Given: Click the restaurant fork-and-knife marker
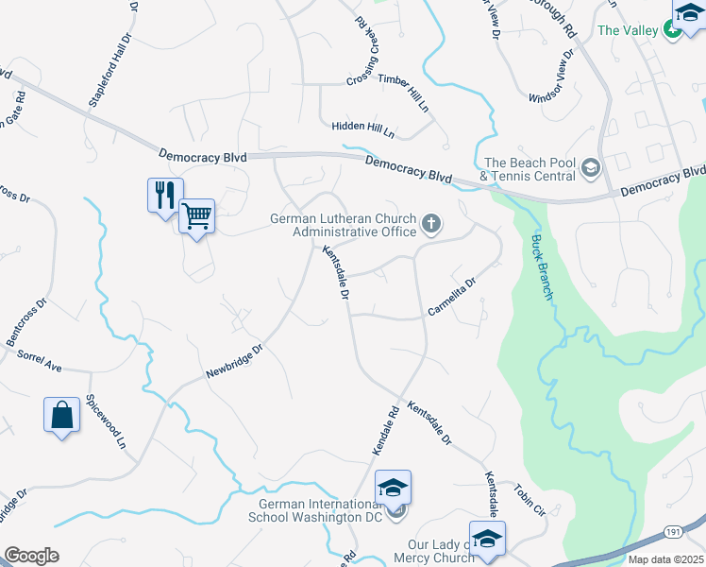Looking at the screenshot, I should pos(166,196).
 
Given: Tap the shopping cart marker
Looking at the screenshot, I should pos(196,216).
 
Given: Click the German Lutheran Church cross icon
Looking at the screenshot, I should pos(431,224).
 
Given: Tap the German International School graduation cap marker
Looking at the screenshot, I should pos(393,489).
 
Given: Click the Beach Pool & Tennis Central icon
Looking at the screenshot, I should pos(591,168).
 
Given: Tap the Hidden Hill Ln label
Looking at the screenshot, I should pos(363,127).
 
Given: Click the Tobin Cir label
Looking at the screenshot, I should pos(530,499).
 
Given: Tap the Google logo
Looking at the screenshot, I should pos(31,556).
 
